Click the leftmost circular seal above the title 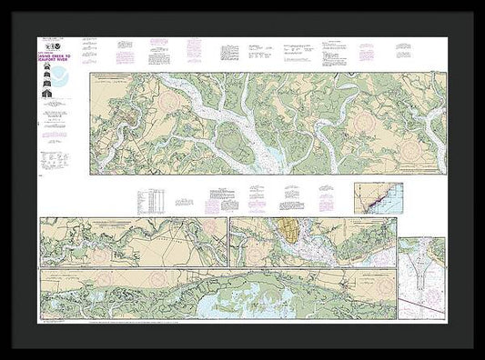pyautogui.click(x=41, y=43)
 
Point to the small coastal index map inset pyautogui.click(x=378, y=197)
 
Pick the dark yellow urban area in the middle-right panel pyautogui.click(x=292, y=234)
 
